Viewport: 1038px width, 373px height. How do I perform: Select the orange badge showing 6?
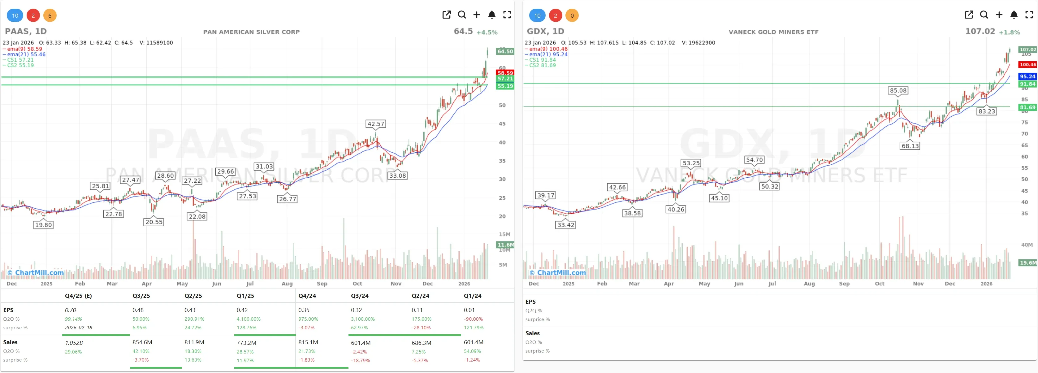[x=50, y=16]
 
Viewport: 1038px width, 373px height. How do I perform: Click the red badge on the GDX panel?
[x=555, y=16]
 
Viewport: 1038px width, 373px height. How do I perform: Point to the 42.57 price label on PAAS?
[x=375, y=124]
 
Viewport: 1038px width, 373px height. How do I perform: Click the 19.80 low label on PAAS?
[x=44, y=225]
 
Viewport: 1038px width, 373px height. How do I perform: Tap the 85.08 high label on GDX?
[x=898, y=90]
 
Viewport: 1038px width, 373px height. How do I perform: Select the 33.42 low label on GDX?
[x=565, y=225]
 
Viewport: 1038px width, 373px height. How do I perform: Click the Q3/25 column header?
[x=141, y=296]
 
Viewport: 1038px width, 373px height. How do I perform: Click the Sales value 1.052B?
[x=74, y=343]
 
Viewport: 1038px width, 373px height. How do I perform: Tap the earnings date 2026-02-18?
[x=79, y=327]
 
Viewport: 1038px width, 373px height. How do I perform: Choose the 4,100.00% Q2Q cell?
[x=248, y=319]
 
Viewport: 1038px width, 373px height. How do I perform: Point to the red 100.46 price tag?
[x=1027, y=64]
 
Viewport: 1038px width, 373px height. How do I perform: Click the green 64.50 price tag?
[x=505, y=51]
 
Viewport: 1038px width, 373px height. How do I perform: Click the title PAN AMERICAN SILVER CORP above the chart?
[x=251, y=32]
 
